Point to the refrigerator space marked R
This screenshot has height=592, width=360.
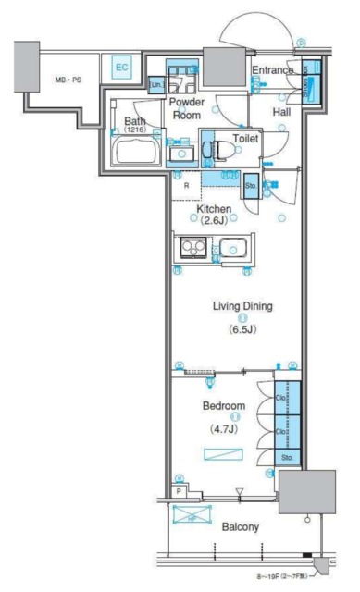click(187, 185)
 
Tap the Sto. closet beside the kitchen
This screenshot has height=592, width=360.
click(251, 187)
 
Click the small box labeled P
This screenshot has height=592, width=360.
click(180, 492)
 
